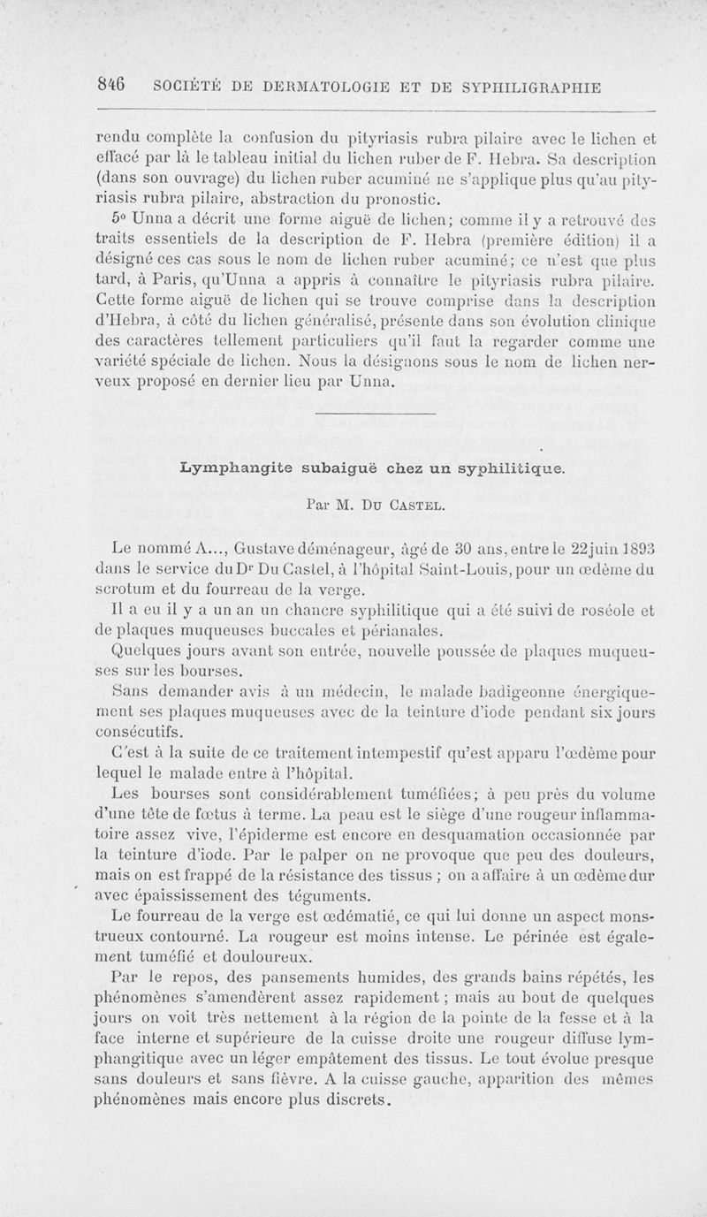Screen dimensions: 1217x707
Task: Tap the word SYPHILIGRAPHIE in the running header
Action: pos(528,87)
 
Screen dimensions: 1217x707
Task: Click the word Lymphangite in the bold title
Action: pos(226,467)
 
